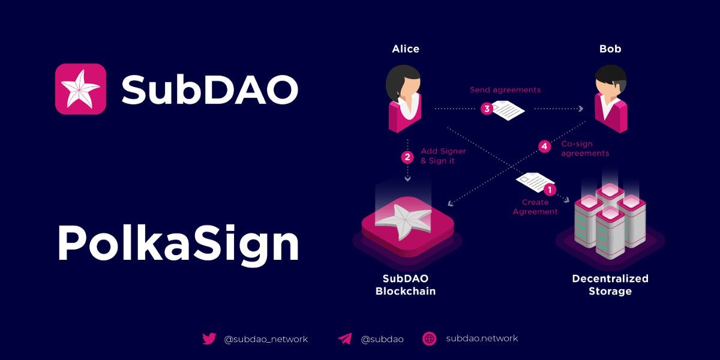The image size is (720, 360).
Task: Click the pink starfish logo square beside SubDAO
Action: click(80, 89)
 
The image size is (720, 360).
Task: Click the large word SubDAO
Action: click(210, 89)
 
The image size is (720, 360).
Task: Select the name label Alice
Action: click(406, 49)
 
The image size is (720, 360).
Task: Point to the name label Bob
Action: click(610, 49)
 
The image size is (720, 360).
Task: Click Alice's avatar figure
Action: click(404, 98)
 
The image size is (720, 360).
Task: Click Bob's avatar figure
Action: click(611, 98)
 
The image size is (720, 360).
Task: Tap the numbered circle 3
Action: click(487, 109)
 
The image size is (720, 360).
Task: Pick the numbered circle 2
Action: click(407, 157)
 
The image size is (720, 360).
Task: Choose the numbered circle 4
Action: click(545, 146)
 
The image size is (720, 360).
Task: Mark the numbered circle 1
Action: click(550, 190)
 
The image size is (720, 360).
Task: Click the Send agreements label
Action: click(505, 90)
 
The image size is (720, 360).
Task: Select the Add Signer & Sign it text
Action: click(443, 156)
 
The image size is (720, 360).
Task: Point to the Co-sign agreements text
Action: click(585, 149)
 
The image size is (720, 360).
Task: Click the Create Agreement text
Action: click(535, 206)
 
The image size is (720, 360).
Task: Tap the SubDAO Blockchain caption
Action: click(406, 285)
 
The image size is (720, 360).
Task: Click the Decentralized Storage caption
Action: click(610, 285)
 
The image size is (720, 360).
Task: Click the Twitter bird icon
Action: click(209, 339)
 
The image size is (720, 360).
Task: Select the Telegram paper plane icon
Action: click(345, 339)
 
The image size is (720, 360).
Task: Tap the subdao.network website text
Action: click(482, 338)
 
